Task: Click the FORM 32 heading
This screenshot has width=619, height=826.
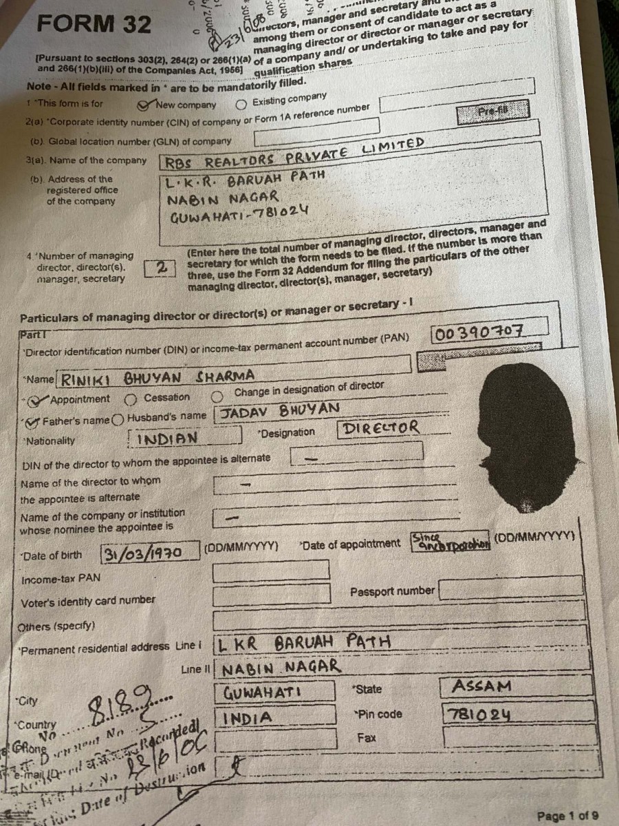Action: point(94,24)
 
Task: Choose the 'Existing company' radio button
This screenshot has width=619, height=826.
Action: point(241,105)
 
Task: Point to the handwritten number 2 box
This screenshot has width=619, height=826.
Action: point(160,267)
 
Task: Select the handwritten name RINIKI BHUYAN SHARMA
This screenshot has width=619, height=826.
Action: point(158,376)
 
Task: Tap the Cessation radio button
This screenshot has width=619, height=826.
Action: point(130,399)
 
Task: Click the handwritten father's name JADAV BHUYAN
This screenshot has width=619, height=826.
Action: point(279,411)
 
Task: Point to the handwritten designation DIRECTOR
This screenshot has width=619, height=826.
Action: point(380,427)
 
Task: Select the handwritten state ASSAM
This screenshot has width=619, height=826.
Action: point(481,686)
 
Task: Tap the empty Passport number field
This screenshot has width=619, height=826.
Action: point(510,590)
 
